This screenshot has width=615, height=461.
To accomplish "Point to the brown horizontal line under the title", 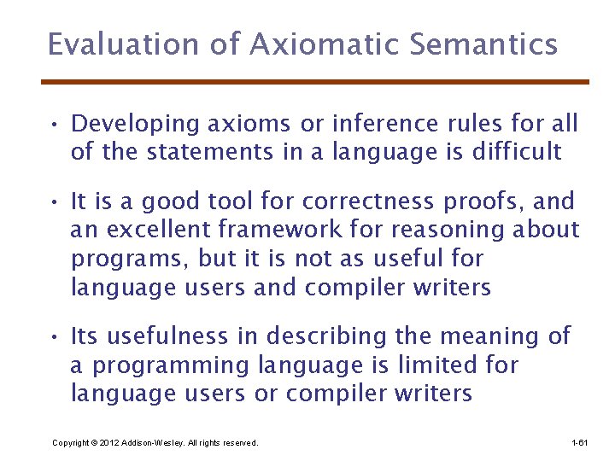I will click(315, 82).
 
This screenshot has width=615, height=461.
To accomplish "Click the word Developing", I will click(137, 124).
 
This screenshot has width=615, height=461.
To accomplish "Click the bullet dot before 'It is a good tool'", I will click(53, 203).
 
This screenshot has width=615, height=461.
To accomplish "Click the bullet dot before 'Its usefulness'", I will click(53, 338).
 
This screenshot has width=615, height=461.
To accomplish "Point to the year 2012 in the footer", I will click(108, 443).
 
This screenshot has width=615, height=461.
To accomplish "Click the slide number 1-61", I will click(579, 443).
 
